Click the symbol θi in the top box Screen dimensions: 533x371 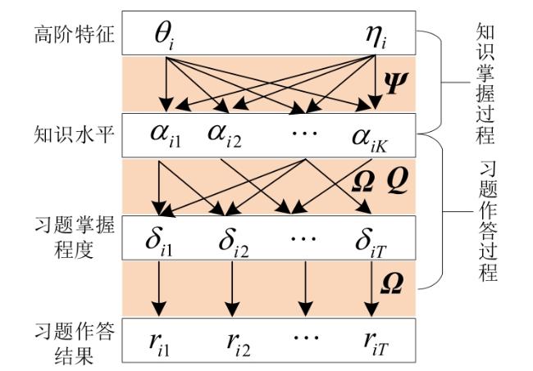pyautogui.click(x=164, y=36)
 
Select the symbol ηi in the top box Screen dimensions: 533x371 pyautogui.click(x=376, y=36)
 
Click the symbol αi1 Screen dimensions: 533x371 pyautogui.click(x=166, y=137)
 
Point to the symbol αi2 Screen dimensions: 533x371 pyautogui.click(x=225, y=137)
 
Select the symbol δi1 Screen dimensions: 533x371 pyautogui.click(x=159, y=242)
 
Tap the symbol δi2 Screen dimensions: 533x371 pyautogui.click(x=234, y=242)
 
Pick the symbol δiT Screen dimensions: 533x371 pyautogui.click(x=371, y=242)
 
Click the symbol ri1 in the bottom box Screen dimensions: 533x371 pyautogui.click(x=159, y=344)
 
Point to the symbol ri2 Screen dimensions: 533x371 pyautogui.click(x=239, y=344)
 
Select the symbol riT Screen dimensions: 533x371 pyautogui.click(x=376, y=343)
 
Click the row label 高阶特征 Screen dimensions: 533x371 pyautogui.click(x=74, y=34)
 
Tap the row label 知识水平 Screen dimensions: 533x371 pyautogui.click(x=74, y=134)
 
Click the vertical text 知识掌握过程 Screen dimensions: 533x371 pyautogui.click(x=485, y=84)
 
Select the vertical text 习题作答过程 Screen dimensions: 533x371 pyautogui.click(x=488, y=221)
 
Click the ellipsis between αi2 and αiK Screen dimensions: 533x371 pyautogui.click(x=305, y=132)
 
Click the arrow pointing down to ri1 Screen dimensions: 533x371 pyautogui.click(x=159, y=288)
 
